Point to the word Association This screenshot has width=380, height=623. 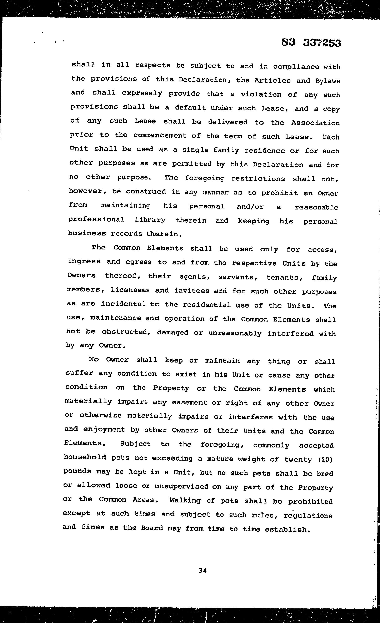point(315,123)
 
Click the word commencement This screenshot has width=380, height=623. point(160,136)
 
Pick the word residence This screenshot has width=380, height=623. point(264,150)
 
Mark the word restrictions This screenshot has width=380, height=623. point(258,178)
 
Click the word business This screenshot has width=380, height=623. point(87,233)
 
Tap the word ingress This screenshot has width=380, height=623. point(84,262)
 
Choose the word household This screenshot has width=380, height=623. point(85,457)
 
